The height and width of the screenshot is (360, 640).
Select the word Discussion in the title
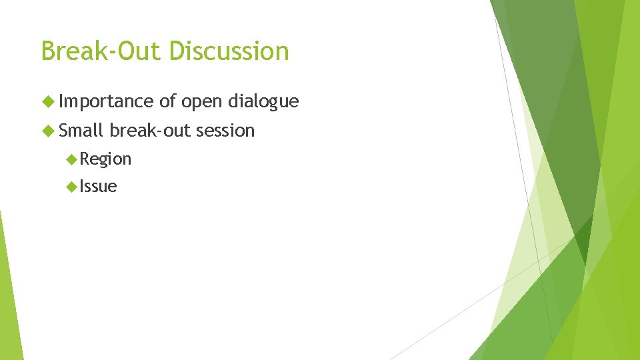click(x=229, y=51)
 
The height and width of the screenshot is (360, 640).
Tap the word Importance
click(x=106, y=101)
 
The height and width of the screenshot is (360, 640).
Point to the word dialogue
click(x=263, y=102)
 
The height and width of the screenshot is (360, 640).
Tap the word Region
click(x=105, y=159)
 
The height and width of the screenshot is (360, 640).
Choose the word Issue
click(x=98, y=187)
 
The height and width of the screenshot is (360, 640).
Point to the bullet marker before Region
click(x=72, y=159)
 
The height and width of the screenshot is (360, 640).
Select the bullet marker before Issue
click(x=72, y=187)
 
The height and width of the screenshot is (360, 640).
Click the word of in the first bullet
click(x=167, y=101)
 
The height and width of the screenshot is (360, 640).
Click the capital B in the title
click(x=47, y=51)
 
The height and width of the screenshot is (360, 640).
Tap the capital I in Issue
click(x=82, y=187)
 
